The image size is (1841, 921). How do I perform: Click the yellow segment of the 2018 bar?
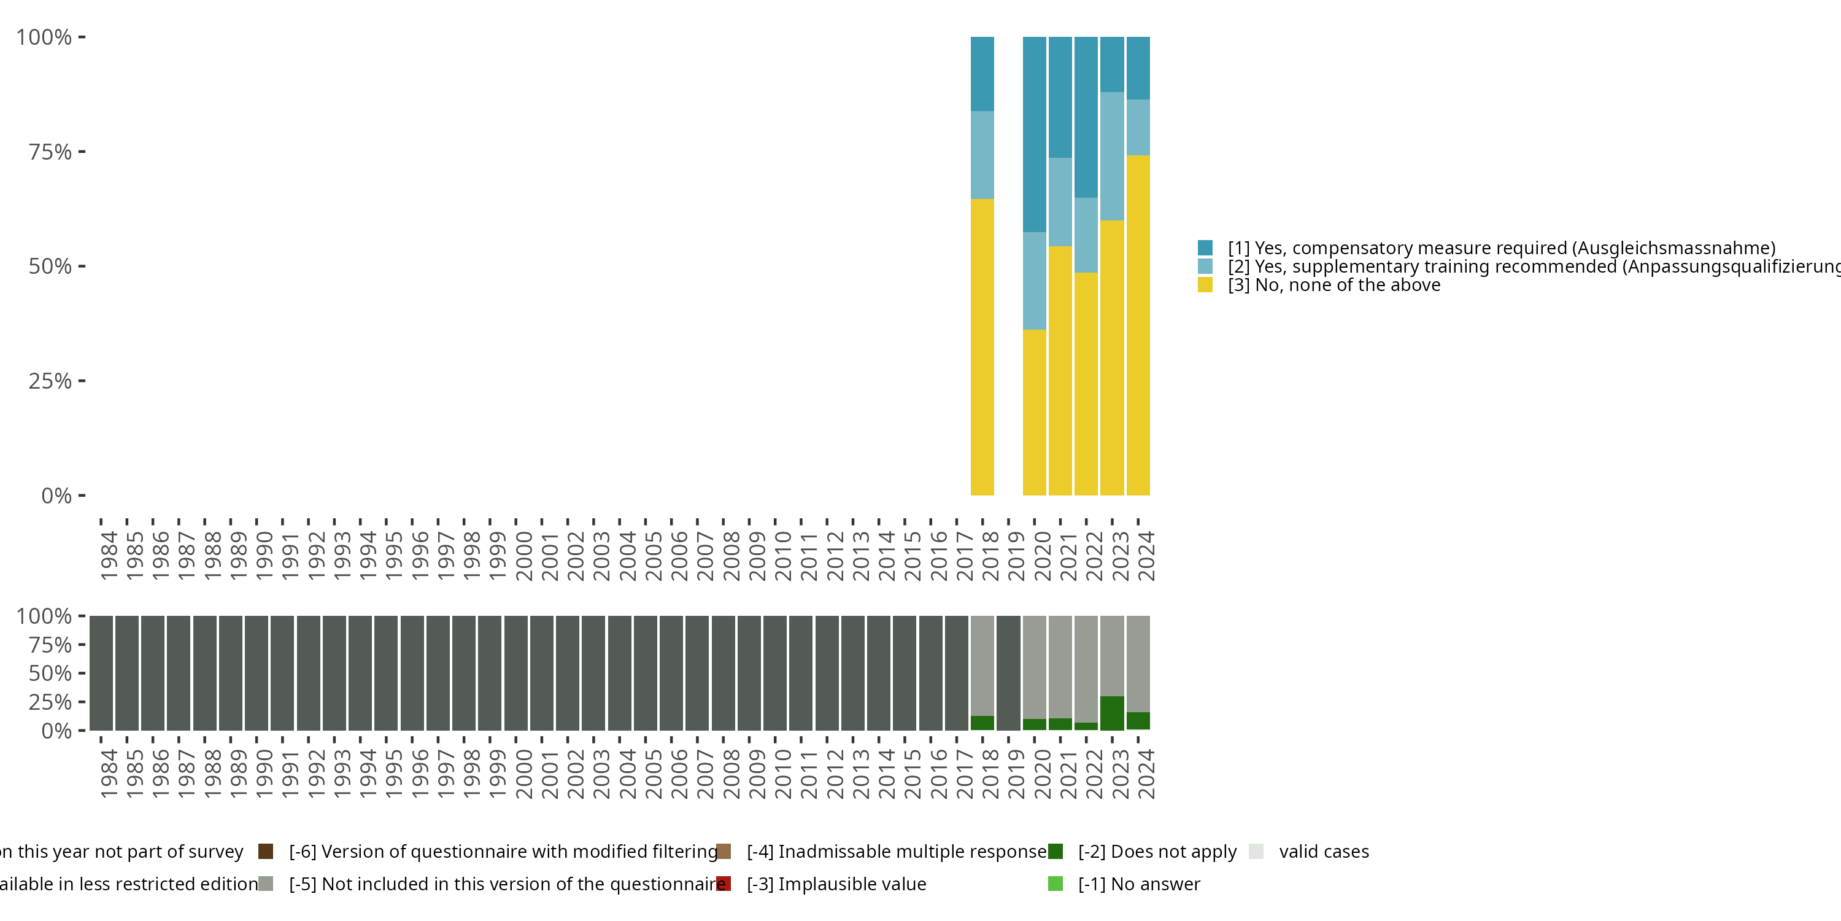click(982, 347)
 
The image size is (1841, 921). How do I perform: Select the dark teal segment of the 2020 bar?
click(1034, 134)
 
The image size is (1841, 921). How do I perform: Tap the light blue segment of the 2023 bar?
click(1111, 156)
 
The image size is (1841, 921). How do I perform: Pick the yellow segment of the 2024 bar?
click(1138, 325)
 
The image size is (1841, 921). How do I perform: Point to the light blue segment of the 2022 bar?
click(1086, 235)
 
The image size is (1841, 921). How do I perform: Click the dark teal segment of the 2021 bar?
click(1060, 97)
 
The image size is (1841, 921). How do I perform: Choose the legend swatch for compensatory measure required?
click(1205, 248)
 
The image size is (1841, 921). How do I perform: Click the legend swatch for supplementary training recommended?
click(1205, 266)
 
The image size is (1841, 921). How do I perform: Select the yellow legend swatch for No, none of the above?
click(1205, 286)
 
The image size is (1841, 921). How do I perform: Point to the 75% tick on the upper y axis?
click(82, 152)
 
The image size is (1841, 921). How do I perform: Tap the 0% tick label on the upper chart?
click(56, 495)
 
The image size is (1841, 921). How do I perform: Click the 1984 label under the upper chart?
click(109, 556)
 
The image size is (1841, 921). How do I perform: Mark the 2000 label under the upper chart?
click(524, 556)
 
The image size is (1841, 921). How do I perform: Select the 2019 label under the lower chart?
click(1016, 774)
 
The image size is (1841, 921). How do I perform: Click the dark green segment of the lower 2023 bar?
click(1111, 713)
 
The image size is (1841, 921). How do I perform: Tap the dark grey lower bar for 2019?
click(1008, 673)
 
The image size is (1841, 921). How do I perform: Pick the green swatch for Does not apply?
click(1055, 852)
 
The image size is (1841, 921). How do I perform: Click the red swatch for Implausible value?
click(724, 884)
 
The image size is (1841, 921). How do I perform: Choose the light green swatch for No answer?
click(1055, 884)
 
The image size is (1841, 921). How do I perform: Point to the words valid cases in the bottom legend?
click(1324, 852)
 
